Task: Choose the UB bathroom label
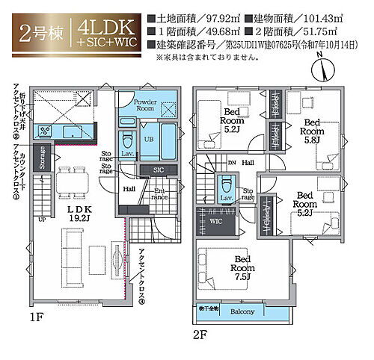pyautogui.click(x=149, y=140)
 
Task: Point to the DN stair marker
pyautogui.click(x=231, y=162)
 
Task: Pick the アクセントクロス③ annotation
pyautogui.click(x=141, y=277)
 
